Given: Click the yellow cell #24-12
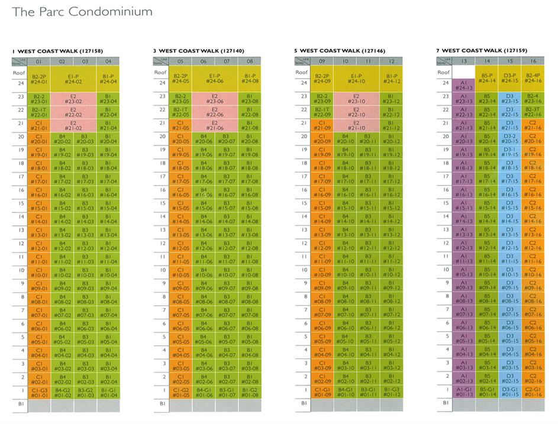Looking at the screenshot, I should pos(391,79).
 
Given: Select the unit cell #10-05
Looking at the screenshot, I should pos(181,273).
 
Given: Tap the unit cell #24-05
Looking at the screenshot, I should pos(181,79).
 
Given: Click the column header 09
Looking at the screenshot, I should pos(322,61).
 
